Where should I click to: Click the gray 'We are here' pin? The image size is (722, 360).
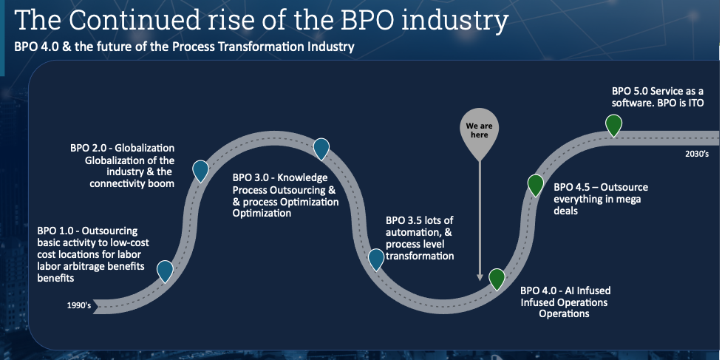(x=480, y=131)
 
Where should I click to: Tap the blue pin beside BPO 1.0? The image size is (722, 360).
(x=165, y=271)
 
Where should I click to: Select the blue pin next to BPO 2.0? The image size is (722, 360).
(x=200, y=171)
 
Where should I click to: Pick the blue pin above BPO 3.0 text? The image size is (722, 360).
(x=321, y=149)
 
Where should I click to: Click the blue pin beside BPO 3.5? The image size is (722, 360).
(x=376, y=259)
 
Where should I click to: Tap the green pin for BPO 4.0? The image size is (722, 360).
(x=497, y=279)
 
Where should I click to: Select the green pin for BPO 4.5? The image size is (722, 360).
(x=535, y=185)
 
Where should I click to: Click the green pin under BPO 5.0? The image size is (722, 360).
(x=613, y=125)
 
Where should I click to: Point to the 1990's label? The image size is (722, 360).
(x=79, y=305)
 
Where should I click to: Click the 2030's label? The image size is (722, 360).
(x=697, y=154)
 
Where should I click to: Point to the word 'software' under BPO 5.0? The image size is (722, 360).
(x=632, y=103)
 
